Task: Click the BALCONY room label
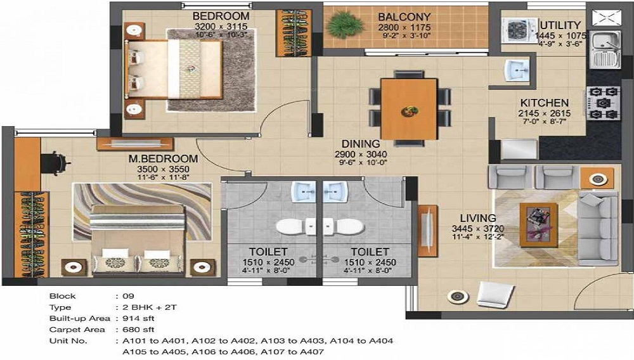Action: pyautogui.click(x=404, y=17)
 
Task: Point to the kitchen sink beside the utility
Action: pyautogui.click(x=605, y=49)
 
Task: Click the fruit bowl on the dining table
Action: pyautogui.click(x=409, y=110)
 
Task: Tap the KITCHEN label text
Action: pyautogui.click(x=544, y=103)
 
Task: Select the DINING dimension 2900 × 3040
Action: pyautogui.click(x=361, y=154)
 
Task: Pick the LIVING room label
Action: pyautogui.click(x=477, y=218)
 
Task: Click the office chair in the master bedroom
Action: pyautogui.click(x=55, y=164)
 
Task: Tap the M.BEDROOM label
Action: pyautogui.click(x=163, y=159)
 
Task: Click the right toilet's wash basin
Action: pyautogui.click(x=335, y=191)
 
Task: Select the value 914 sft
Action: pyautogui.click(x=138, y=318)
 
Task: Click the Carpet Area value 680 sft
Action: pyautogui.click(x=138, y=330)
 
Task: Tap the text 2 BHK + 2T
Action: pyautogui.click(x=150, y=307)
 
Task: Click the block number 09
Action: pyautogui.click(x=128, y=296)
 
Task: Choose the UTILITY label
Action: pyautogui.click(x=560, y=25)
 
